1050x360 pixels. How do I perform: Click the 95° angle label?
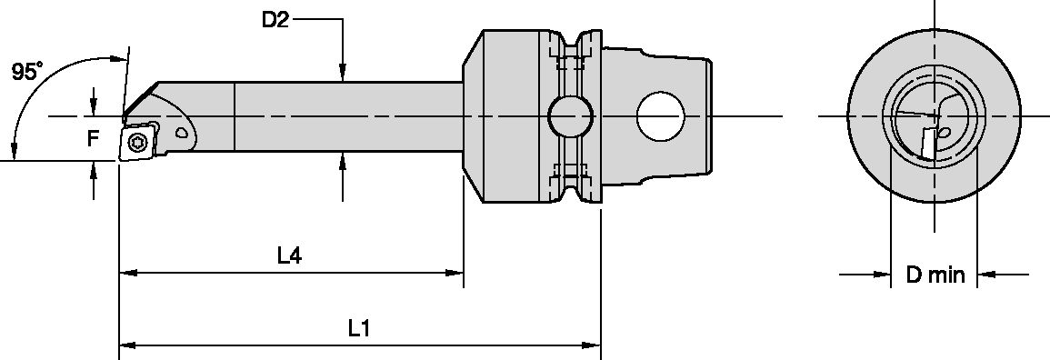coord(26,72)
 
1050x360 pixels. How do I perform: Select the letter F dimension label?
coord(92,138)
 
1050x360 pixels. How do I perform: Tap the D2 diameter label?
coord(275,19)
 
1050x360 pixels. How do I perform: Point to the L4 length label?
coord(289,256)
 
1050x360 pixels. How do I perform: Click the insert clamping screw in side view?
coord(137,141)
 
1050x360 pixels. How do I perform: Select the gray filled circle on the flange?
coord(567,116)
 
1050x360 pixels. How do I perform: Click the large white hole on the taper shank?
coord(661,116)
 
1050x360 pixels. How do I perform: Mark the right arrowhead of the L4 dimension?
coord(454,272)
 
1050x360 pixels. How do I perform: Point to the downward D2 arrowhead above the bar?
coord(342,72)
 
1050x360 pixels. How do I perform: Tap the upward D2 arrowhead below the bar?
coord(342,162)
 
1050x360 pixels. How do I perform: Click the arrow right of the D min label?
coord(987,273)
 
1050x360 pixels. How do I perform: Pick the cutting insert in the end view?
coord(928,142)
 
